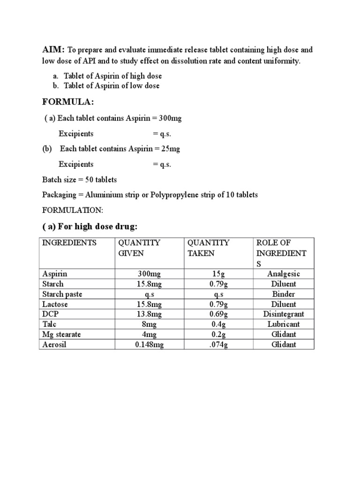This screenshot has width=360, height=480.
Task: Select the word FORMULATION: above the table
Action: pyautogui.click(x=69, y=210)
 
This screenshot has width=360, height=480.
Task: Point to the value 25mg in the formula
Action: pyautogui.click(x=170, y=149)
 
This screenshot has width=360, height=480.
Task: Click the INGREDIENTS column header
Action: pyautogui.click(x=69, y=243)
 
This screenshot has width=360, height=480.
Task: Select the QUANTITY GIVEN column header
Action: pyautogui.click(x=139, y=248)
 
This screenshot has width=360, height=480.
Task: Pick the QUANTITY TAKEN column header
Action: pyautogui.click(x=208, y=248)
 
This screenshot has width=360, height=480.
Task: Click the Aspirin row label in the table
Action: pyautogui.click(x=55, y=274)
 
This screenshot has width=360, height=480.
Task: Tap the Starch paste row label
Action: pyautogui.click(x=62, y=294)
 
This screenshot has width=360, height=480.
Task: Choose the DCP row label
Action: pyautogui.click(x=50, y=314)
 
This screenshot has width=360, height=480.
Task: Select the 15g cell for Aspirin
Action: pyautogui.click(x=218, y=274)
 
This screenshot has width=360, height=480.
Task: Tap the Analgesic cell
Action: pyautogui.click(x=283, y=274)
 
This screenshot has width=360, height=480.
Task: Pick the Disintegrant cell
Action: pyautogui.click(x=283, y=314)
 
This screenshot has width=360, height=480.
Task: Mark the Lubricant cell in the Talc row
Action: pyautogui.click(x=283, y=324)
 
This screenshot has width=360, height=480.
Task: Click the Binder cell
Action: pyautogui.click(x=283, y=294)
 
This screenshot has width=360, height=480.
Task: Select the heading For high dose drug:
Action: pyautogui.click(x=90, y=226)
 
